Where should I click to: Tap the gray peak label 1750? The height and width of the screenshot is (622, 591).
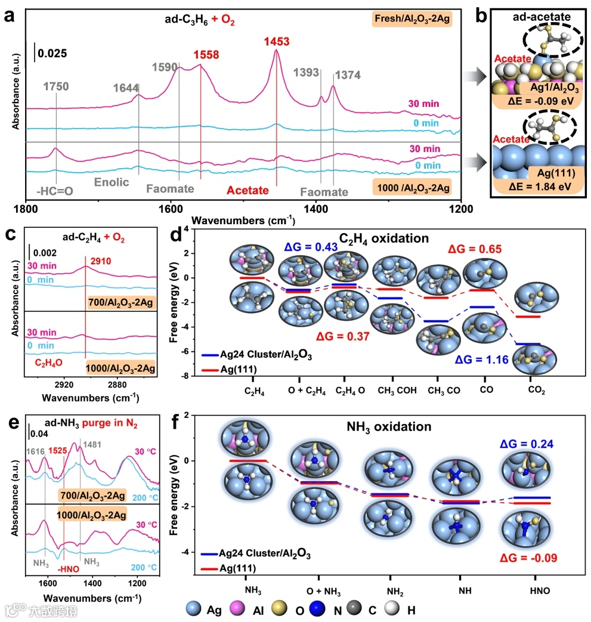click(55, 86)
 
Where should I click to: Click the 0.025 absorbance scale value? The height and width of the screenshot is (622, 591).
click(52, 54)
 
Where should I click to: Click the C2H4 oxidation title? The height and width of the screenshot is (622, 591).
click(385, 239)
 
